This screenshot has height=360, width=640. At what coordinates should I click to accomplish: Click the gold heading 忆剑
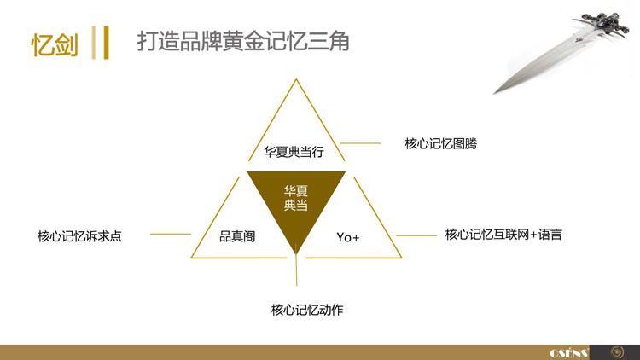click(x=55, y=44)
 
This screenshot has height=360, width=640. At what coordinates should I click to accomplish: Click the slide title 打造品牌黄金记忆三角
click(x=243, y=41)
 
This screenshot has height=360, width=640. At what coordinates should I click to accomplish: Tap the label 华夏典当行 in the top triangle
click(x=294, y=152)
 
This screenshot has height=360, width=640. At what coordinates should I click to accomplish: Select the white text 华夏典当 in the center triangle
click(x=296, y=198)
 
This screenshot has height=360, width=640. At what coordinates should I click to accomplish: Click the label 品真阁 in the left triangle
click(x=237, y=236)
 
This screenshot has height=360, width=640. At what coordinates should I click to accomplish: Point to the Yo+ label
click(x=348, y=237)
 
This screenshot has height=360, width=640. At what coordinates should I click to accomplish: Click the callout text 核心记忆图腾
click(x=441, y=143)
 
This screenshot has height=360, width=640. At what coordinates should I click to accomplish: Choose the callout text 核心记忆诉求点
click(x=79, y=236)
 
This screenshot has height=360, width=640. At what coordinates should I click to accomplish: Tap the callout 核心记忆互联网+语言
click(x=503, y=235)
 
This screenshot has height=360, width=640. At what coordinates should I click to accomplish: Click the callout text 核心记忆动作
click(x=307, y=310)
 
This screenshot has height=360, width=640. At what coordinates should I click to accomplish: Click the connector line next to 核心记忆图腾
click(x=360, y=143)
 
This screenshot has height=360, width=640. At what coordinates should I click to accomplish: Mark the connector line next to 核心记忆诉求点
click(x=171, y=234)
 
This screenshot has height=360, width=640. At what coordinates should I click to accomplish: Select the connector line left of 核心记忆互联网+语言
click(x=416, y=235)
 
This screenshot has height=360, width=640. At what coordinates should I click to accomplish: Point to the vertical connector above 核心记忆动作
click(x=296, y=270)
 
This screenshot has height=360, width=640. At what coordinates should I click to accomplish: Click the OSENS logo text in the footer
click(x=569, y=352)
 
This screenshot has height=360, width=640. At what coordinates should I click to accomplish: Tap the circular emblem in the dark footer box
click(x=617, y=352)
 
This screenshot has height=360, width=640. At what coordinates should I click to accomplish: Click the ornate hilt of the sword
click(x=602, y=24)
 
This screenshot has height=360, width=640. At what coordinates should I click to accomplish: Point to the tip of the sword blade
click(x=494, y=94)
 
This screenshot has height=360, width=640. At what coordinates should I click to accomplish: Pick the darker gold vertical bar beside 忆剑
click(x=106, y=43)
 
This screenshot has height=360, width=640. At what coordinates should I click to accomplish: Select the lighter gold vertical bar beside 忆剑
click(x=94, y=43)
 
